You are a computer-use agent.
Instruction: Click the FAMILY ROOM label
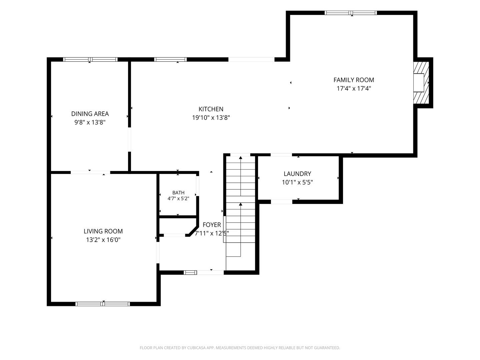point(354,80)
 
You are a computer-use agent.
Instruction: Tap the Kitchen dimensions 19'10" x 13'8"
point(211,118)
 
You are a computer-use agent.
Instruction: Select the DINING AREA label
point(90,114)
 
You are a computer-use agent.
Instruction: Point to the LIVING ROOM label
point(103,231)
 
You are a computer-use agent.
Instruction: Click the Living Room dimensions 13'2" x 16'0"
point(103,240)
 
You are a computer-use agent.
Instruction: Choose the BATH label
point(178,193)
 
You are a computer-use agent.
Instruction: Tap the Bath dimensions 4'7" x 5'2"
point(178,198)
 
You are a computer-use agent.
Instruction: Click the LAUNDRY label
point(297,174)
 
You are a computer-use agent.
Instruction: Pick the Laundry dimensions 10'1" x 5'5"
point(297,182)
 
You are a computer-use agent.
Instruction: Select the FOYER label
point(211,225)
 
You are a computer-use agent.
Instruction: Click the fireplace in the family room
point(421,83)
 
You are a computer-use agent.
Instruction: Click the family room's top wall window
point(351,13)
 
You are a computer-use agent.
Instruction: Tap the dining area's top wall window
point(90,59)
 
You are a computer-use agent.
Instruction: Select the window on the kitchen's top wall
point(170,59)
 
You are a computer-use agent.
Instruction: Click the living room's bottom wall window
point(103,304)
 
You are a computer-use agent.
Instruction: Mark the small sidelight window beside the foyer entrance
point(190,273)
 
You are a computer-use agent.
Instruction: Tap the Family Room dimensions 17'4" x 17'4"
point(354,89)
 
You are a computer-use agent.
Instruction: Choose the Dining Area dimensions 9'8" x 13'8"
point(90,122)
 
